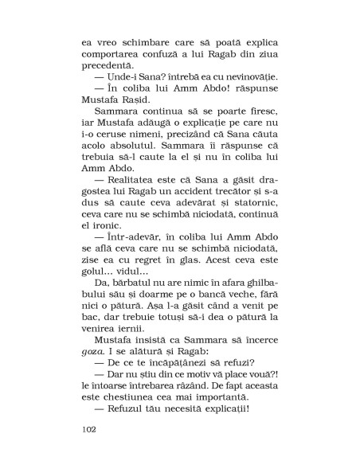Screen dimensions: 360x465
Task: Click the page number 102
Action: [x=89, y=428]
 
